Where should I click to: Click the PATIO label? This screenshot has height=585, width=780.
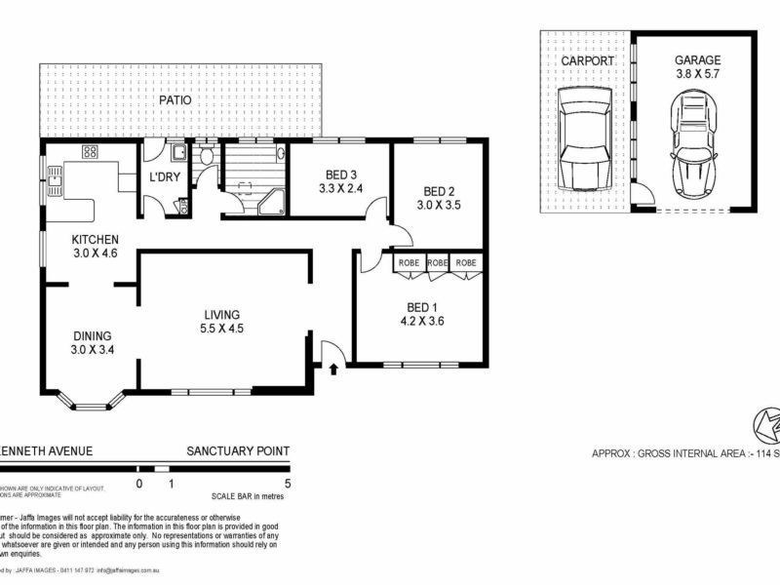tap(176, 99)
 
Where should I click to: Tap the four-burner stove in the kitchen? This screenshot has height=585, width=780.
tap(91, 152)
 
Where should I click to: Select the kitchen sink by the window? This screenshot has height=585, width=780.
tap(56, 176)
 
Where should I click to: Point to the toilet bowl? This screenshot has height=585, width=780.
tap(206, 156)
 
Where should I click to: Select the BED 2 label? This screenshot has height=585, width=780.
tap(440, 190)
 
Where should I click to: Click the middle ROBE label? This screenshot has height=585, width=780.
tap(438, 263)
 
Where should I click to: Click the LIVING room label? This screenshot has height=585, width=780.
tap(222, 314)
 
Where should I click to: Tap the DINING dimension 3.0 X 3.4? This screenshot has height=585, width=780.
tap(91, 349)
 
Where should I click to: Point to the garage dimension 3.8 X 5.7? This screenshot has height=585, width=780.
tap(697, 73)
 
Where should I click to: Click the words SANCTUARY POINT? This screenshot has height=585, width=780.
tap(238, 450)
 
